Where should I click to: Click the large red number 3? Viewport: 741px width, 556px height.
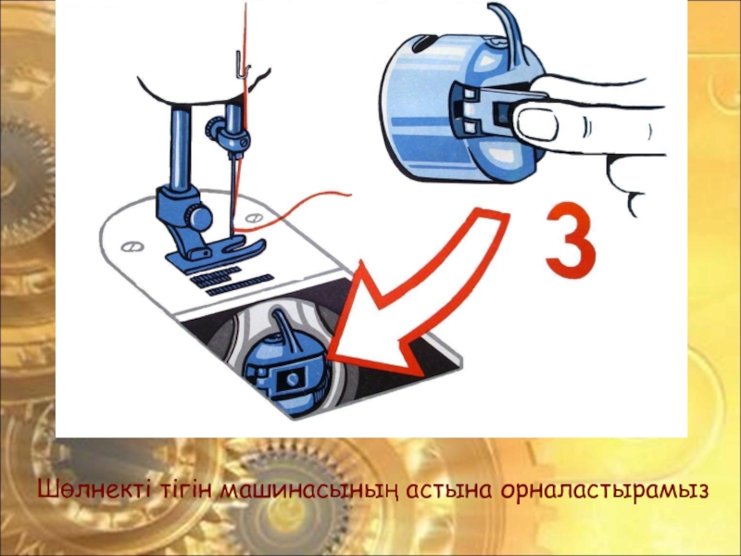[x=571, y=240]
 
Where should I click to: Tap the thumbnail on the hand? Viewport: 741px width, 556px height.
[x=535, y=123]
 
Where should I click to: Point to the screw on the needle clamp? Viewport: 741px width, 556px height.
[x=244, y=140]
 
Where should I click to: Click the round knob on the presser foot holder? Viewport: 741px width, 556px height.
[x=198, y=217]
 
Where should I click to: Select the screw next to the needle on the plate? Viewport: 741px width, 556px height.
[x=254, y=218]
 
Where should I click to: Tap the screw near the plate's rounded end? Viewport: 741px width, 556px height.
[x=130, y=246]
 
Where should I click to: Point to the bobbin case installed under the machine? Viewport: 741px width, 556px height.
[x=285, y=364]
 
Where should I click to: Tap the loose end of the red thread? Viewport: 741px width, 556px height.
[x=350, y=194]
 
